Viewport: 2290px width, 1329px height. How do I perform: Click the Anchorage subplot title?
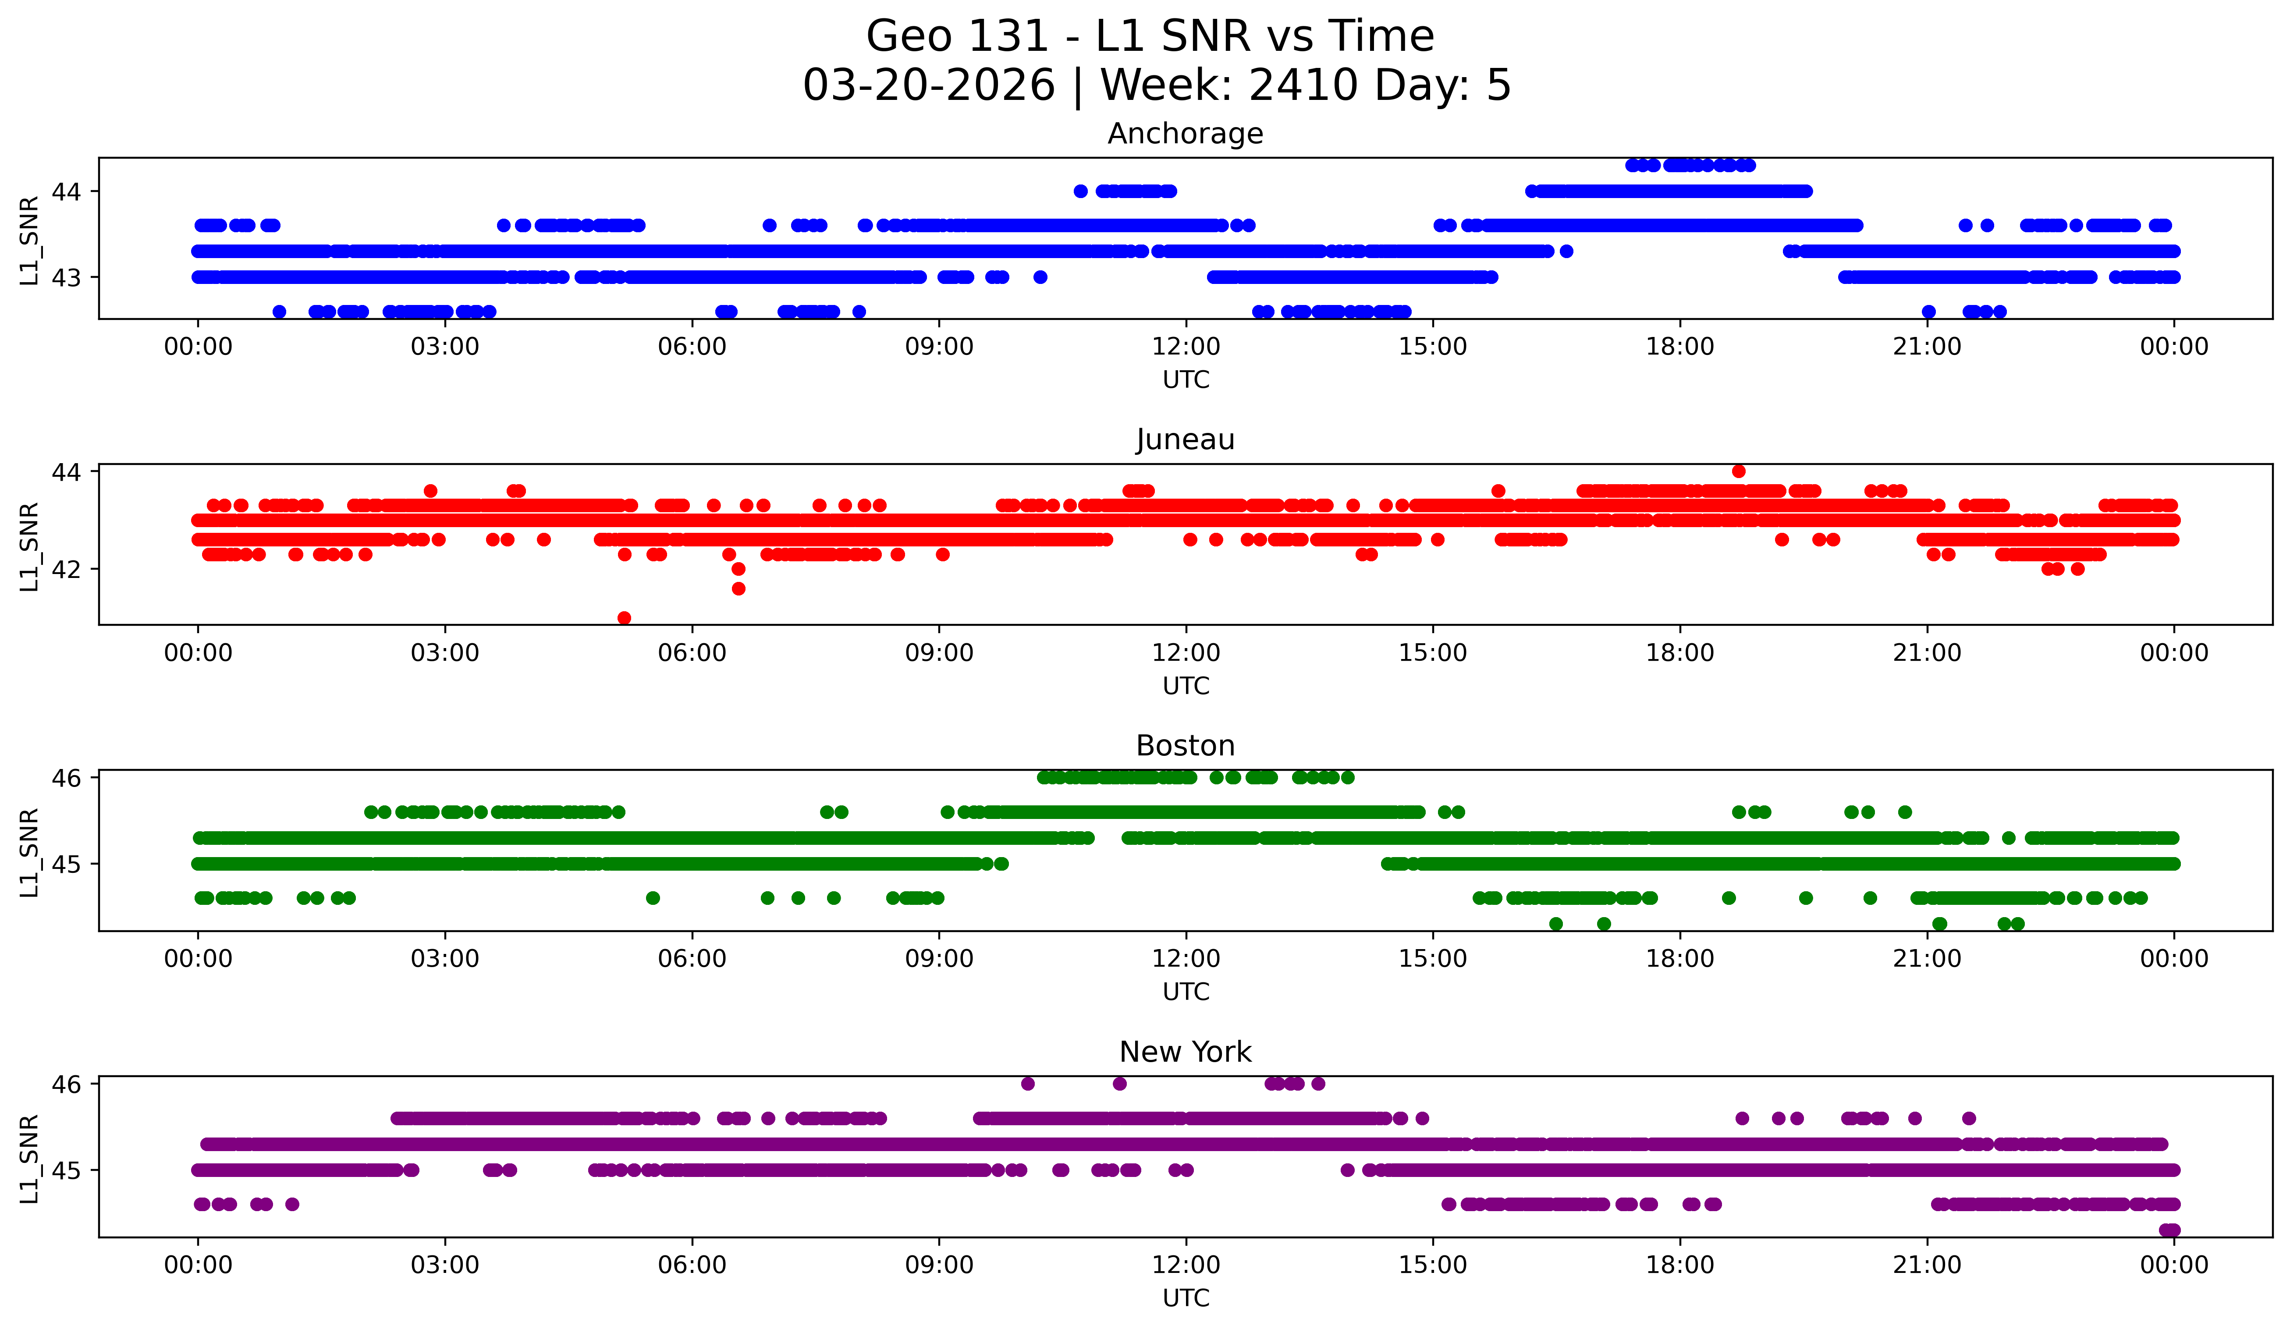1185,134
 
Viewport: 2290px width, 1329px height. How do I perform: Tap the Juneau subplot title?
1185,439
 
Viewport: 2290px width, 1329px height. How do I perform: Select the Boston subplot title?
1185,746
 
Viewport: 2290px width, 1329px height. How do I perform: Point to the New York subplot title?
1185,1052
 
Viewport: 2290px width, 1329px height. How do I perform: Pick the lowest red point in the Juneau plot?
624,618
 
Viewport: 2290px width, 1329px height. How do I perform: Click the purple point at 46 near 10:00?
1028,1084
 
